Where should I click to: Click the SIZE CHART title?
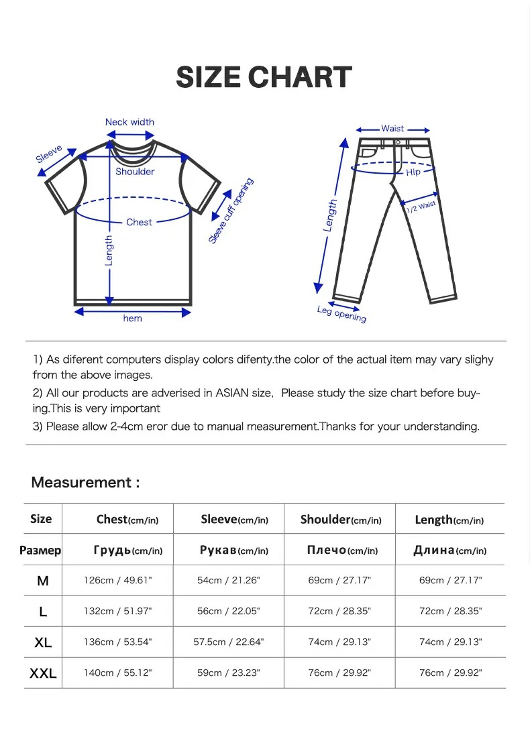tap(264, 78)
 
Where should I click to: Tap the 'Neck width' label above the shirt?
tap(129, 122)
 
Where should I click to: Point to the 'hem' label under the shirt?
tap(133, 319)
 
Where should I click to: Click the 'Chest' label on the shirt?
tap(139, 222)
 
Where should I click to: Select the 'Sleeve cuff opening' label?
tap(231, 211)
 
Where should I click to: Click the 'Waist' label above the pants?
tap(392, 129)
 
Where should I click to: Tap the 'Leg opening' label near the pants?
tap(342, 313)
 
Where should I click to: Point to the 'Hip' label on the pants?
tap(413, 172)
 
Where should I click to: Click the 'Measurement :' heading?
tap(85, 483)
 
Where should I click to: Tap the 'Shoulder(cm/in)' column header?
tap(341, 520)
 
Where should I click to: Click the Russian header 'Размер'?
tap(40, 551)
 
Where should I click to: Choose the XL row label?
tap(43, 642)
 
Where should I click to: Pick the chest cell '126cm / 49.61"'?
tap(118, 580)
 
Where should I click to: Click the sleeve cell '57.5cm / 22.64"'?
tap(229, 642)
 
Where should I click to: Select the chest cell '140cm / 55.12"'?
tap(118, 673)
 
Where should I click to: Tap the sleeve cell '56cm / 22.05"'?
tap(229, 612)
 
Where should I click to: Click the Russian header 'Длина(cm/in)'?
tap(449, 551)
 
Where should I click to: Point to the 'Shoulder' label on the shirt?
tap(135, 172)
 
